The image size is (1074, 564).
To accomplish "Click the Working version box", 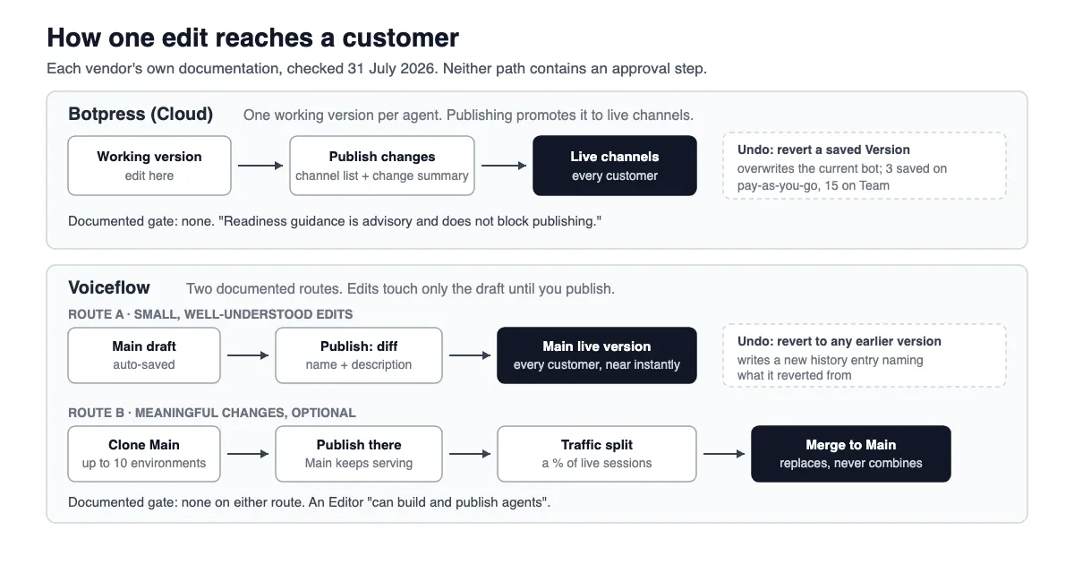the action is click(x=149, y=166).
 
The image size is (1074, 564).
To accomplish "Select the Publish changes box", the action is click(x=382, y=166).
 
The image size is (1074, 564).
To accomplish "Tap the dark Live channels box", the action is click(x=615, y=166).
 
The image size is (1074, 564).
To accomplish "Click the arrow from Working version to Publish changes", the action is click(x=260, y=166).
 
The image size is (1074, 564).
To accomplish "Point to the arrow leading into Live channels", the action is click(x=504, y=166).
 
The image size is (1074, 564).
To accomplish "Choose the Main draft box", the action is click(x=144, y=355).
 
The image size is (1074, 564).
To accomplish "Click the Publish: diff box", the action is click(x=359, y=355).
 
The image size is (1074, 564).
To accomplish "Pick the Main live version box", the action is click(x=596, y=355).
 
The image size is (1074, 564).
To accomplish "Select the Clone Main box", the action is click(x=144, y=454).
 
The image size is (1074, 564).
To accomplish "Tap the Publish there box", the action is click(x=359, y=454).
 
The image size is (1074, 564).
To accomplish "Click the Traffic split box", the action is click(x=596, y=454).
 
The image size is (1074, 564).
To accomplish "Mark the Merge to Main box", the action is click(x=850, y=454).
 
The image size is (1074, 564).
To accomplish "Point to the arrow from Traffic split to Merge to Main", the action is click(x=724, y=454).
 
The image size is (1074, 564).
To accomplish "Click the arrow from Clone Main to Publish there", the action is click(x=248, y=454).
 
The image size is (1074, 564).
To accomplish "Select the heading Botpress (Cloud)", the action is click(x=141, y=115).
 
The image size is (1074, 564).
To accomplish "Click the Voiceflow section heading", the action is click(x=109, y=287).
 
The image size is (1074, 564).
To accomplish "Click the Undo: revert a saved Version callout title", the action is click(x=823, y=150).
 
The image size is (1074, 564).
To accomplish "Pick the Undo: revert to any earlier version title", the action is click(x=840, y=341).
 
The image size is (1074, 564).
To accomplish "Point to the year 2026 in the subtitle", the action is click(x=418, y=69).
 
